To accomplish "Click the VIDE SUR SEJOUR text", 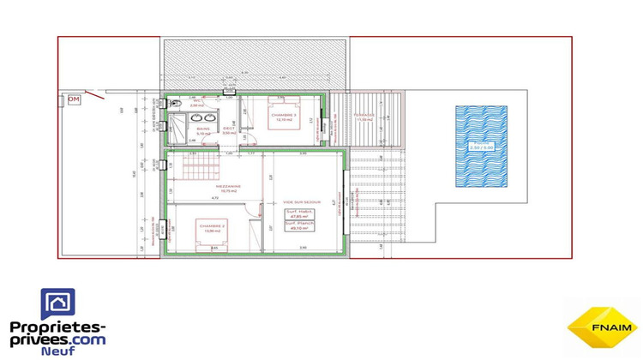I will pos(299,204).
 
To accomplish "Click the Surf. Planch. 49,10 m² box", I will pos(299,228).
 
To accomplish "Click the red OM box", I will pos(75,99).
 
